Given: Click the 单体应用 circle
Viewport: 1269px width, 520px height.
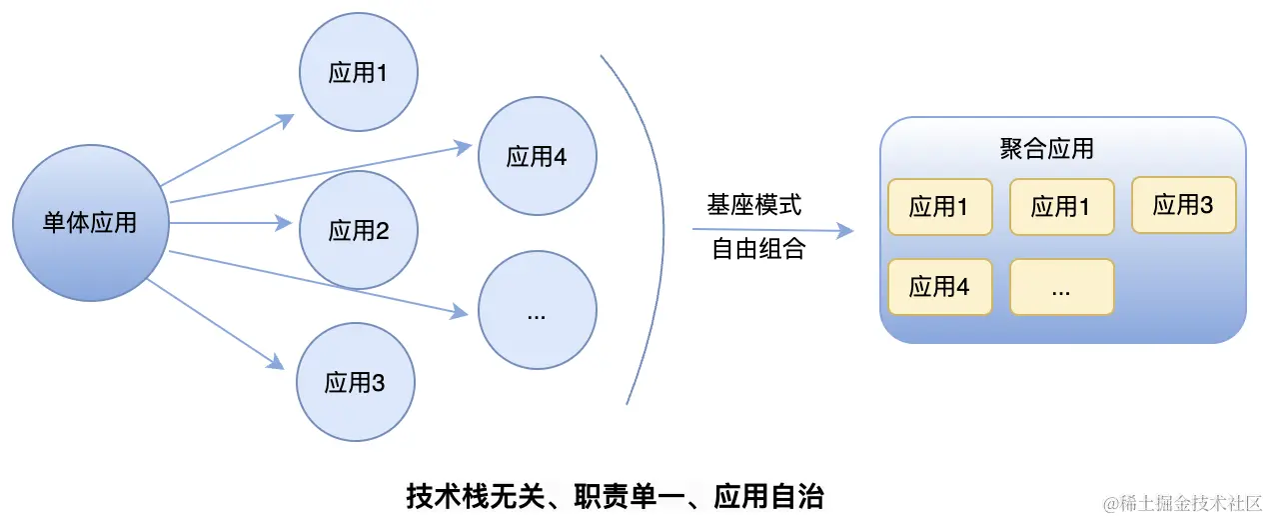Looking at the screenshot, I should coord(90,222).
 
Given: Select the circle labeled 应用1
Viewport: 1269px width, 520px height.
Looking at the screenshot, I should coord(358,73).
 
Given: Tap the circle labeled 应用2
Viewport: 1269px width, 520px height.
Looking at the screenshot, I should coord(358,231).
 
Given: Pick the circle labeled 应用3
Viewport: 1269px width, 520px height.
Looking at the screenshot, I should coord(355,382).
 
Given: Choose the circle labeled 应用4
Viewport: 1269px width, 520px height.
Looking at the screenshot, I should coord(537,156).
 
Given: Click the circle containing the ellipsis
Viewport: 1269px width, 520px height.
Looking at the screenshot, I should coord(537,312).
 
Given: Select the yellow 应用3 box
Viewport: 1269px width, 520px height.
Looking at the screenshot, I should coord(1183,205).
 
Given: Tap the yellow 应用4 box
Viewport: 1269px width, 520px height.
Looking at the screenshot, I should coord(939,287).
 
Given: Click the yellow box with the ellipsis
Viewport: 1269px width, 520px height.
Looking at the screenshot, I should coord(1061,287).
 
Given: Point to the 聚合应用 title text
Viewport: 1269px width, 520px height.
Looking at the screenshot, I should coord(1046,150).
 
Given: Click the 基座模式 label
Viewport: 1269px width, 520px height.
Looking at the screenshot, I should coord(754,206).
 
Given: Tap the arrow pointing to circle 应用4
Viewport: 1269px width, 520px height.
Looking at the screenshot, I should coord(320,173).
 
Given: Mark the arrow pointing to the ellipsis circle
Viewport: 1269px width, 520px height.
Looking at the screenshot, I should coord(320,283).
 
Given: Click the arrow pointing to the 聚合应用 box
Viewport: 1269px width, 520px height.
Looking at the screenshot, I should coord(774,230).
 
